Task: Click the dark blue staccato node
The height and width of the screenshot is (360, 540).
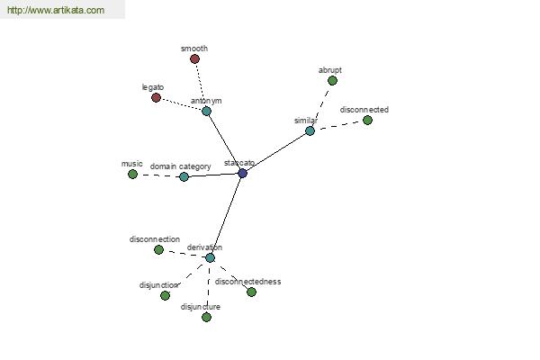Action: point(242,174)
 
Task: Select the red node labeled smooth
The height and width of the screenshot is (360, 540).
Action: point(194,58)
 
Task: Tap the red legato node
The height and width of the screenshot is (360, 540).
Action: point(156,97)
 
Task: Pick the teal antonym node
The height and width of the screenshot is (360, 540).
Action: point(206,111)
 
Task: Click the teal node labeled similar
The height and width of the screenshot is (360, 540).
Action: point(310,130)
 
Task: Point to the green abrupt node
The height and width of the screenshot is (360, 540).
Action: point(332,81)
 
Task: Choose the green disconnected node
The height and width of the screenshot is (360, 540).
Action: point(367,121)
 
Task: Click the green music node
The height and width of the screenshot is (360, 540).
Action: point(132,175)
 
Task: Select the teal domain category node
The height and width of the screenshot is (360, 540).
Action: point(184,177)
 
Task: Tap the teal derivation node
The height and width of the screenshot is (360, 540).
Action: point(210,257)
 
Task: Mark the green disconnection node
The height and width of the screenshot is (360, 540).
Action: point(158,250)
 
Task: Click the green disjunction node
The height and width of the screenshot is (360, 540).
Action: point(165,295)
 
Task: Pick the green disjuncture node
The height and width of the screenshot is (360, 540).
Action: point(206,318)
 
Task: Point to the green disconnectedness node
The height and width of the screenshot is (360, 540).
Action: point(251,292)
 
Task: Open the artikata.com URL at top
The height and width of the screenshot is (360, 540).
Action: point(56,10)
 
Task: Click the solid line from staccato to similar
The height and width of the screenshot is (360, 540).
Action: point(276,152)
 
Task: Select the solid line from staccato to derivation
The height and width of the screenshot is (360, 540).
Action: point(226,215)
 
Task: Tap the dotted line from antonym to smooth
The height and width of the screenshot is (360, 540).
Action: point(201,85)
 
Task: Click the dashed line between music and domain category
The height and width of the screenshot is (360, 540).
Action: point(158,175)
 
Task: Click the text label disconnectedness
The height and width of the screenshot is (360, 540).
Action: point(248,282)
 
